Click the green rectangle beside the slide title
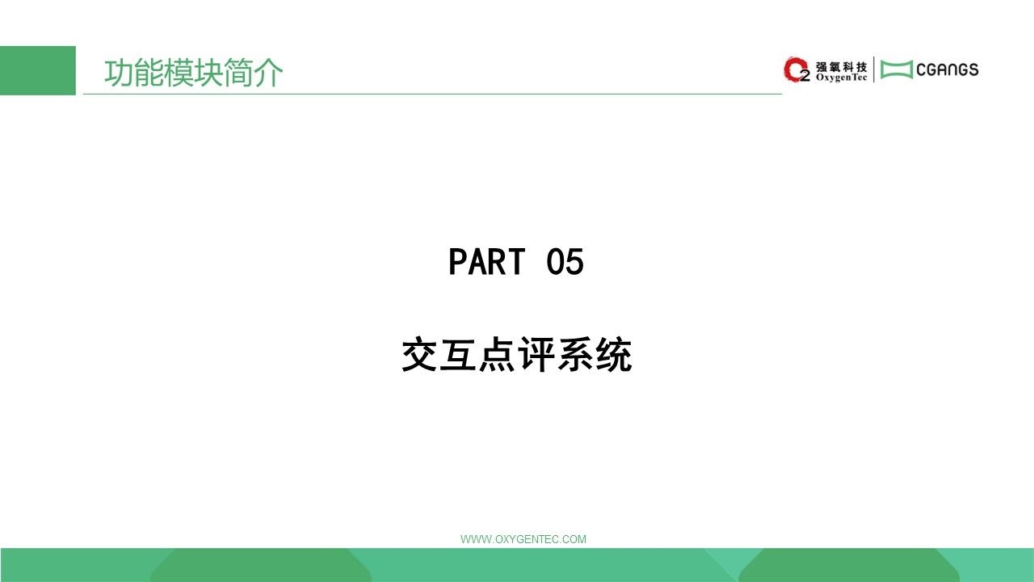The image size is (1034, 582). click(x=38, y=70)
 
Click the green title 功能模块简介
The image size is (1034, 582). click(x=193, y=73)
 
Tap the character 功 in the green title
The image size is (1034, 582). click(x=119, y=73)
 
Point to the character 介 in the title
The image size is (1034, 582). click(x=268, y=73)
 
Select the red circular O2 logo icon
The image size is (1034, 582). click(x=797, y=70)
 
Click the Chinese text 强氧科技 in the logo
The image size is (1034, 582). click(x=842, y=67)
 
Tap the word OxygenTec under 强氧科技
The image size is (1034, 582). click(x=842, y=78)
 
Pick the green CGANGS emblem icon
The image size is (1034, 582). click(x=897, y=70)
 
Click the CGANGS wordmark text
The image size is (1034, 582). click(x=948, y=70)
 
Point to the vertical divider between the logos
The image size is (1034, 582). click(x=874, y=70)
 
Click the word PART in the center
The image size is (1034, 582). click(x=487, y=261)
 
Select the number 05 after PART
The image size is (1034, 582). click(x=565, y=261)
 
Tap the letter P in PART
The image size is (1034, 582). click(x=457, y=261)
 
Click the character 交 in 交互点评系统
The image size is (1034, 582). click(x=419, y=354)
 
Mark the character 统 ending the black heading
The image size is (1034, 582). click(x=614, y=354)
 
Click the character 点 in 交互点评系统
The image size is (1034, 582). click(x=497, y=354)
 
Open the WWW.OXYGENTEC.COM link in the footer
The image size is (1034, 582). click(x=523, y=539)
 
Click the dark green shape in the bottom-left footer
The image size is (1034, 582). click(x=261, y=565)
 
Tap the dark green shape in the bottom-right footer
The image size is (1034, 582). click(x=849, y=565)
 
